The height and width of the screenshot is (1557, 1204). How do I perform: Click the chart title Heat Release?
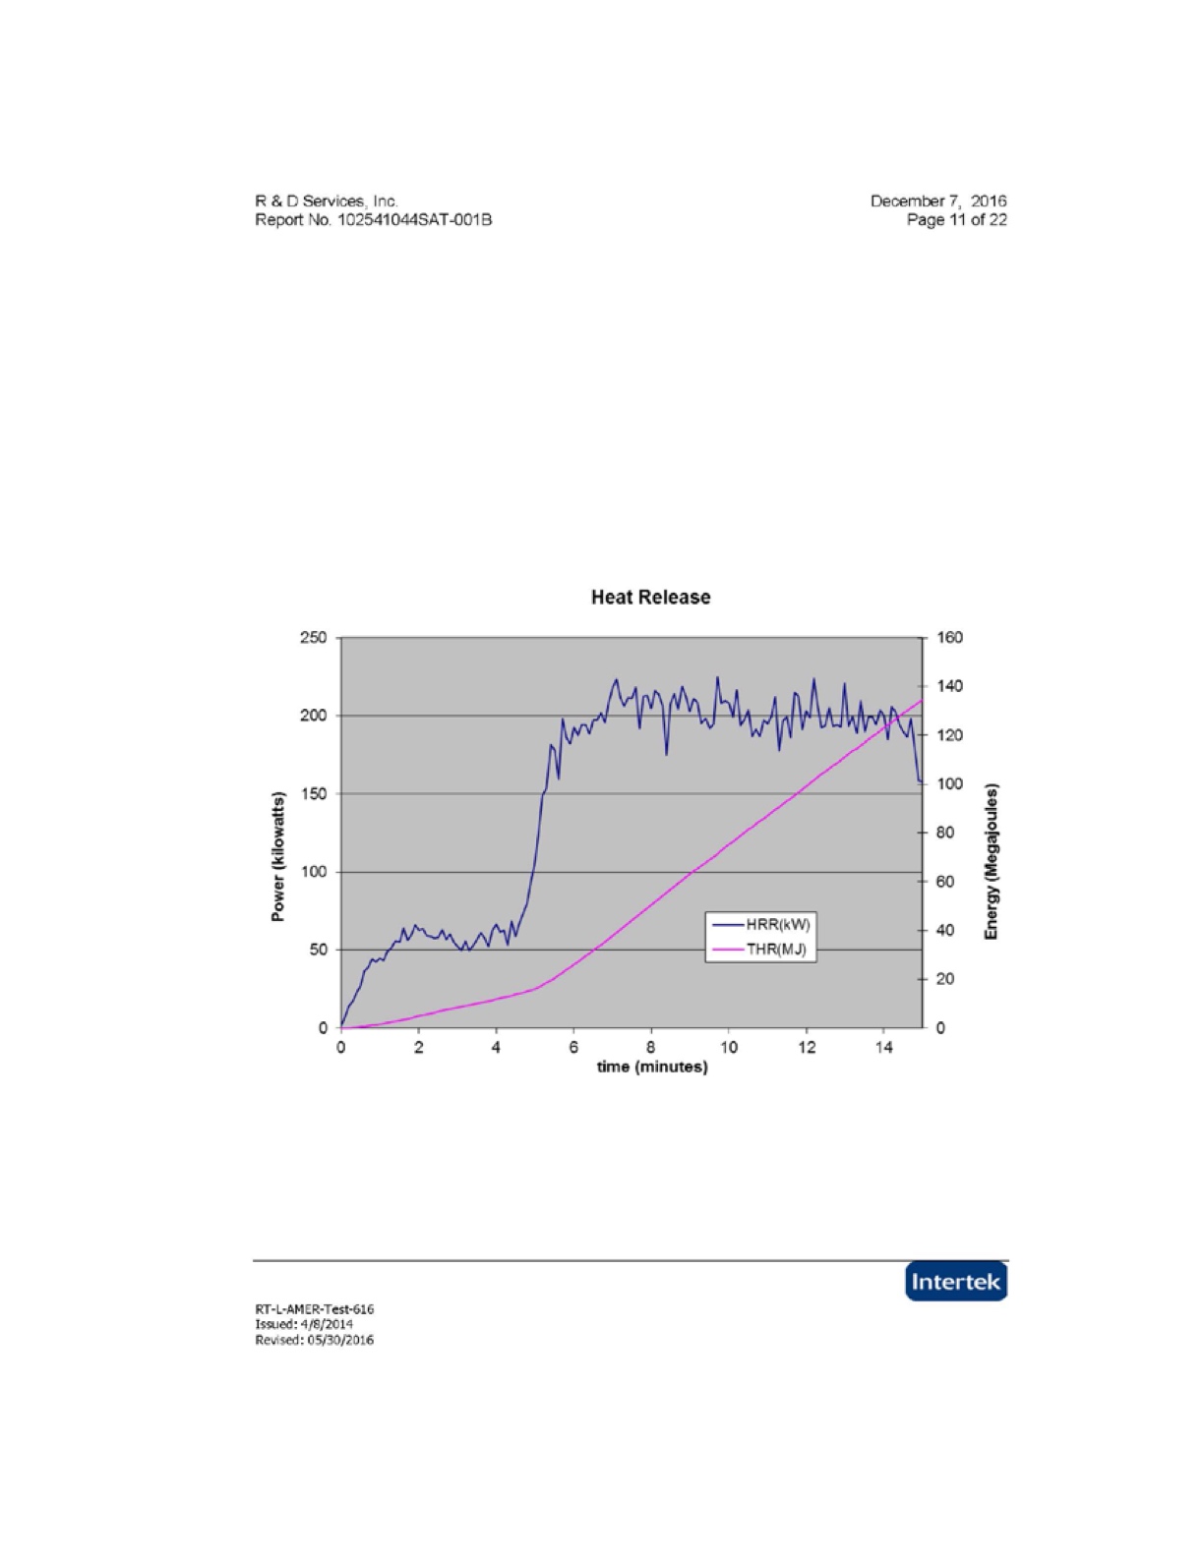coord(650,598)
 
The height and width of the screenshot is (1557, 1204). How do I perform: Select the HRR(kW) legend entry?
coord(760,924)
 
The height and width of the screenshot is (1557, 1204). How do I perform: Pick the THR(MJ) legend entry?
coord(760,950)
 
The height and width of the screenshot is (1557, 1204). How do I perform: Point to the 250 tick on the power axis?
coord(313,638)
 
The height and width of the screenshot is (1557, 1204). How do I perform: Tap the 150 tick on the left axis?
coord(313,794)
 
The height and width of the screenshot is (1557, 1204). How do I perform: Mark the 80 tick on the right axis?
coord(945,833)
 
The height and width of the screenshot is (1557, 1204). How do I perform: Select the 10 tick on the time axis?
coord(729,1048)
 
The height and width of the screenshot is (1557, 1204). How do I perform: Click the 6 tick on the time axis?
coord(573,1048)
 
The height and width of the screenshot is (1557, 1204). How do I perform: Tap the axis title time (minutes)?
coord(652,1067)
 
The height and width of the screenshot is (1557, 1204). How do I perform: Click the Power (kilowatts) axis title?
coord(278,856)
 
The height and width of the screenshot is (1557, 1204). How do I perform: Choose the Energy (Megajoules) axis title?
coord(992,861)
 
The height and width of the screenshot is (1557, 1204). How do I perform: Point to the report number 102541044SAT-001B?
coord(415,220)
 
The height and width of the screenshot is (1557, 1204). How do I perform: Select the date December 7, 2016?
coord(938,202)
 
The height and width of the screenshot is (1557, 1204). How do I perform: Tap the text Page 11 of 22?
coord(956,220)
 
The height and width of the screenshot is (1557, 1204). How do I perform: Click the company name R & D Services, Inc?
coord(327,202)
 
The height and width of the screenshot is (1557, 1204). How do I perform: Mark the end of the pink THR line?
coord(922,700)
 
